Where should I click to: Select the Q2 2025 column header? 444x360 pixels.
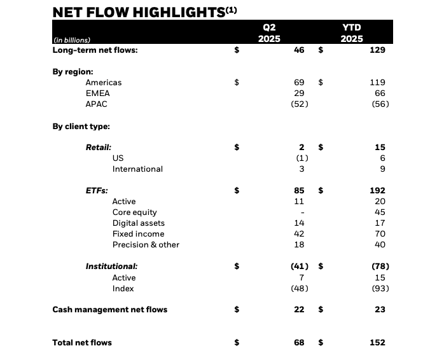click(269, 33)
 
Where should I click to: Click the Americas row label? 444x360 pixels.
click(103, 83)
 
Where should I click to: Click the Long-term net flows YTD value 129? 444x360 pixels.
click(377, 50)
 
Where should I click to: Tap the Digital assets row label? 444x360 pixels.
click(138, 223)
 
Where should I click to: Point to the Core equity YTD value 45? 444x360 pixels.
click(380, 212)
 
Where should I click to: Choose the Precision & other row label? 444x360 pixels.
click(146, 245)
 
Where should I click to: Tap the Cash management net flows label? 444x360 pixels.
click(109, 310)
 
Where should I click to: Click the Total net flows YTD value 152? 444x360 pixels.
click(377, 343)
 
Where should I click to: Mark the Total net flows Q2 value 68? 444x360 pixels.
click(299, 343)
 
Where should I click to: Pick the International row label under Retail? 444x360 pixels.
click(137, 169)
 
